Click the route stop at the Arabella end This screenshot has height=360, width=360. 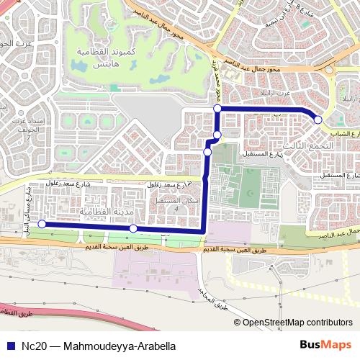(x=318, y=120)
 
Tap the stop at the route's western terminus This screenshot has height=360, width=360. (x=42, y=225)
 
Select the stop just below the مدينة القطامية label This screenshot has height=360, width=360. (x=133, y=228)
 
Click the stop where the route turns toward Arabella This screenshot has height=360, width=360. (x=217, y=109)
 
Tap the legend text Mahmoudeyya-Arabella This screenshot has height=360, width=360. (x=119, y=346)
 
